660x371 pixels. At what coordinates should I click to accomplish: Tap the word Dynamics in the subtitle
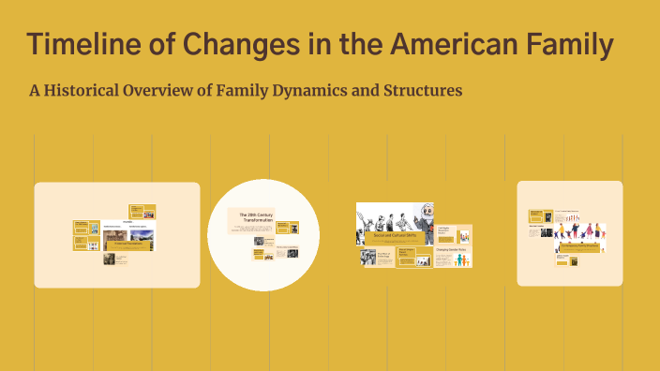click(302, 92)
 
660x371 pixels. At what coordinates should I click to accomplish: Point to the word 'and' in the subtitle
click(357, 92)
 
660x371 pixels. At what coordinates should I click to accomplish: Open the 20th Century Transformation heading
click(251, 217)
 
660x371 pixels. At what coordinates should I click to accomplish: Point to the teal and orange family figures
click(457, 260)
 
